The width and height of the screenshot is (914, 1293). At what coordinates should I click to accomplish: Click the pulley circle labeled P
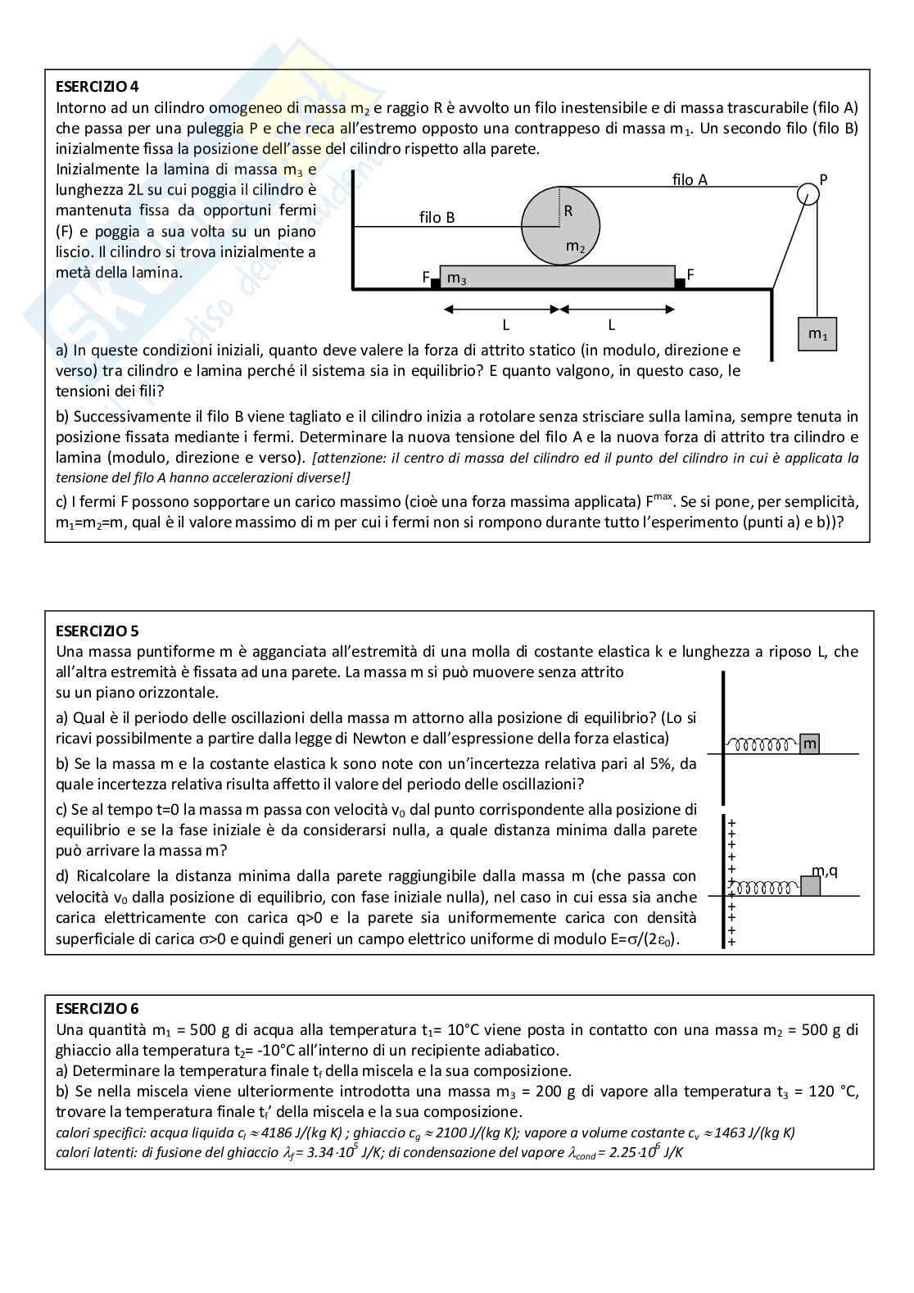(808, 192)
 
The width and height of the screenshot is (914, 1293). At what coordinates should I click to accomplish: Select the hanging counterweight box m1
(817, 334)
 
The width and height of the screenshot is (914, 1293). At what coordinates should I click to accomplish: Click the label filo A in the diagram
(690, 179)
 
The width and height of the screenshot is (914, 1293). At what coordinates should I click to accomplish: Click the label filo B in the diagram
(437, 217)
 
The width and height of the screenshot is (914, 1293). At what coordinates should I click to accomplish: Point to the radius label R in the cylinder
(568, 210)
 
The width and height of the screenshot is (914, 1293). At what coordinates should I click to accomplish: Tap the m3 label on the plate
(457, 278)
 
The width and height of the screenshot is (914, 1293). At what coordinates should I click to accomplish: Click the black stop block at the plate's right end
(680, 283)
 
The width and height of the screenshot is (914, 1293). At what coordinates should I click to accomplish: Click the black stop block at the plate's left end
(436, 283)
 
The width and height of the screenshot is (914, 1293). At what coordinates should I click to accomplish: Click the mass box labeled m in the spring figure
(809, 744)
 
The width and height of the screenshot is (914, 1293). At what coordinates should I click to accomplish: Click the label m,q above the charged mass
(824, 870)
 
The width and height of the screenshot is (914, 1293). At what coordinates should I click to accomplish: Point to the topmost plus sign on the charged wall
(731, 822)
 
